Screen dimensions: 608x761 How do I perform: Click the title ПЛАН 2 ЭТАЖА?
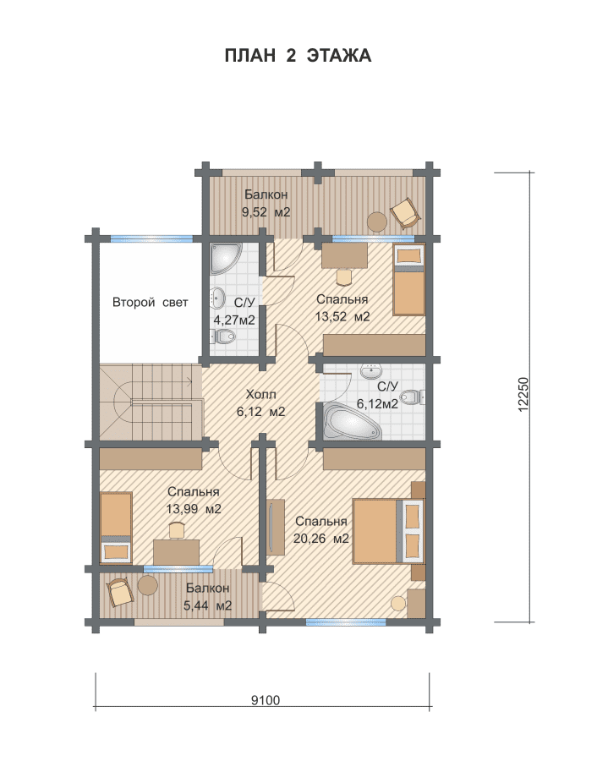coord(298,56)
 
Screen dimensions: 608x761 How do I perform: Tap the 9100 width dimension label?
coord(266,700)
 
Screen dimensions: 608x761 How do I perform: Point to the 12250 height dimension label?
coord(523,395)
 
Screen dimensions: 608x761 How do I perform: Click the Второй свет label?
coord(150,303)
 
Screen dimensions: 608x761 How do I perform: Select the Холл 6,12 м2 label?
coord(260,402)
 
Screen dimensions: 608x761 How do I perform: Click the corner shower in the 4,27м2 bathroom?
coord(224,259)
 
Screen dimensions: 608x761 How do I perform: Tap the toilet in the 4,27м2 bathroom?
coord(222,336)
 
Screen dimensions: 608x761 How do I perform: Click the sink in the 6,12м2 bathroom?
coord(372,371)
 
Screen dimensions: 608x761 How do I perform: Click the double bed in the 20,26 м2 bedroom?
coord(387,531)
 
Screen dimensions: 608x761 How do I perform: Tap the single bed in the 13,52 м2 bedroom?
coord(409,280)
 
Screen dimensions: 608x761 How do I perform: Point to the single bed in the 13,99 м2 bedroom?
coord(116,528)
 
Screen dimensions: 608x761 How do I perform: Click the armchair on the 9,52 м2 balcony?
coord(404,212)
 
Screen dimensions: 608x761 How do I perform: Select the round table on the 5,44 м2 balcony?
coord(147,585)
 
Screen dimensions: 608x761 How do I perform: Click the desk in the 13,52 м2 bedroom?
coord(344,255)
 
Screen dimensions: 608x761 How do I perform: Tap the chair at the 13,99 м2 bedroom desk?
coord(177,530)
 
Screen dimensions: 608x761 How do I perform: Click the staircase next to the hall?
coord(151,402)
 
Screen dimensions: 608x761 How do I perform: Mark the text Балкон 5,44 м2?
coord(207,597)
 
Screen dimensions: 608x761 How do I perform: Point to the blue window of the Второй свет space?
coord(151,238)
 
